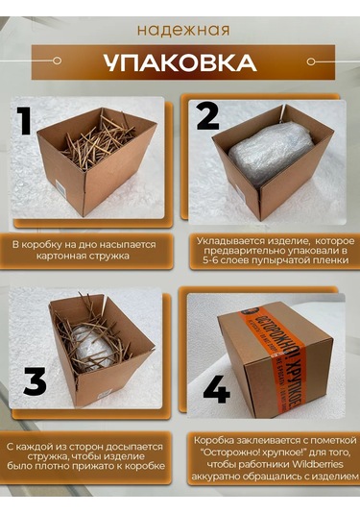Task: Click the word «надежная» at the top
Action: pyautogui.click(x=183, y=30)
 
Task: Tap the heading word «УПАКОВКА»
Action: pyautogui.click(x=180, y=61)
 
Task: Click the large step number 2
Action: pyautogui.click(x=207, y=116)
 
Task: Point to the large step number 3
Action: pyautogui.click(x=35, y=381)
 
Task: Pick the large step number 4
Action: pyautogui.click(x=216, y=390)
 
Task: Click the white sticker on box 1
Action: pyautogui.click(x=60, y=186)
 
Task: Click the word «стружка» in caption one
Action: pyautogui.click(x=108, y=256)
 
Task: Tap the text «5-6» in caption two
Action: pyautogui.click(x=210, y=260)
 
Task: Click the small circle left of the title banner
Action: pyautogui.click(x=57, y=61)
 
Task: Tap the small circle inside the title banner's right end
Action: pyautogui.click(x=310, y=61)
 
